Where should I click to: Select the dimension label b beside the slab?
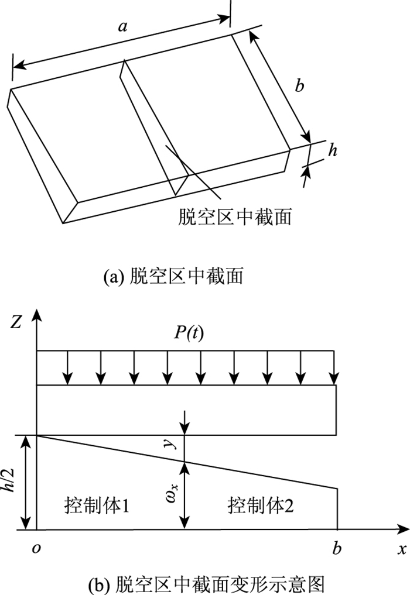coord(300,86)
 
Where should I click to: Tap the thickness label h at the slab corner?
coord(332,150)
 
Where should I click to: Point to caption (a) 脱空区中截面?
coord(172,275)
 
